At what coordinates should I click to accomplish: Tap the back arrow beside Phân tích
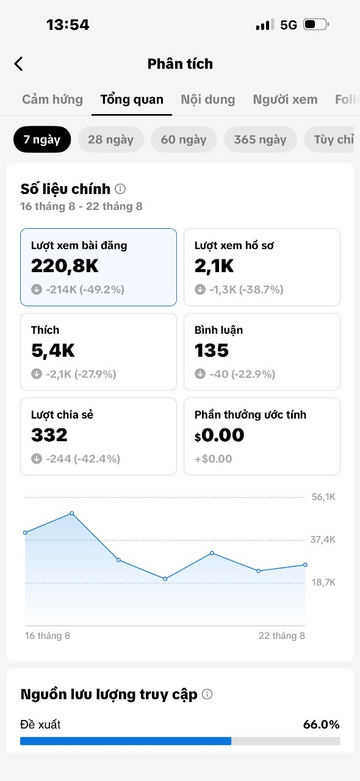click(18, 64)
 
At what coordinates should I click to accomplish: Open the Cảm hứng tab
click(52, 99)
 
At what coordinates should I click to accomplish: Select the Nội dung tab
click(208, 99)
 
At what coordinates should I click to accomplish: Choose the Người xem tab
click(285, 99)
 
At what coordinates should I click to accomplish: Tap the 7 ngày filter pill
click(42, 140)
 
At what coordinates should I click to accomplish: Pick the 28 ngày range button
click(110, 140)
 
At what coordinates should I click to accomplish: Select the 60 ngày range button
click(184, 140)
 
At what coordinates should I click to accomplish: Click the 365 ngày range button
click(260, 140)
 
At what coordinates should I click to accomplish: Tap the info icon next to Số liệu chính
click(120, 189)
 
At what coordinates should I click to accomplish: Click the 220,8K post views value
click(65, 266)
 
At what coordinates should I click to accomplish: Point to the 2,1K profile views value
click(214, 266)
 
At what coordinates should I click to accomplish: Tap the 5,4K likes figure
click(53, 350)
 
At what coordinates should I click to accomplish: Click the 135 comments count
click(212, 350)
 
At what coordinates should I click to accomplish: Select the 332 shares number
click(49, 435)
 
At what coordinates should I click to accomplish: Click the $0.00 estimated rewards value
click(220, 435)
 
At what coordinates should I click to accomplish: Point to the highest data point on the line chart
click(72, 513)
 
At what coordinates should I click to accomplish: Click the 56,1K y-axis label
click(323, 497)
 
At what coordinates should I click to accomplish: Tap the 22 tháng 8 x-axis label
click(282, 636)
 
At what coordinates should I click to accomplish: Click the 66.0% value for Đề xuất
click(322, 724)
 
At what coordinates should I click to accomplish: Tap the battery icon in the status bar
click(316, 24)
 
